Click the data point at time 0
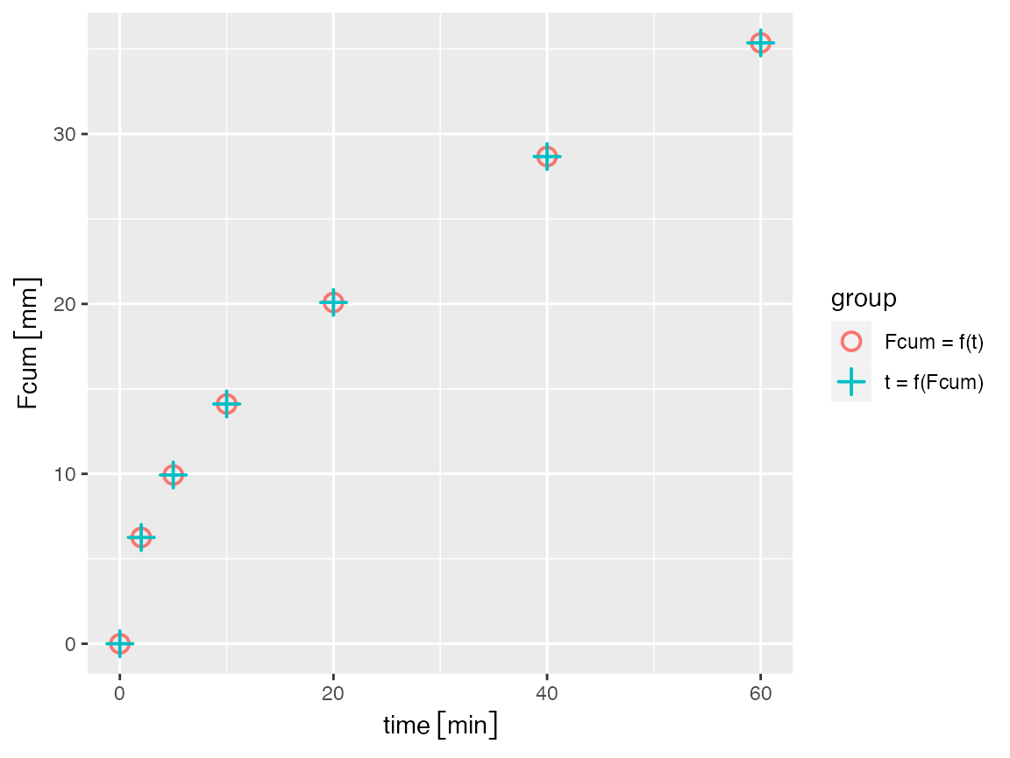tap(120, 643)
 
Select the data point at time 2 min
tap(141, 537)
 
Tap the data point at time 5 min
tap(174, 475)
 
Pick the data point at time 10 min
tap(226, 404)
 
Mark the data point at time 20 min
tap(333, 302)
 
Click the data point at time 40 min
tap(547, 157)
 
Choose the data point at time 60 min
tap(760, 43)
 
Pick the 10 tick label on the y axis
tap(67, 474)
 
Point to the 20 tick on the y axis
tap(67, 304)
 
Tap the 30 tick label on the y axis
tap(67, 134)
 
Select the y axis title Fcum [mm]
tap(29, 344)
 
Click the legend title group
tap(864, 299)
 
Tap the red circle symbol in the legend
tap(851, 342)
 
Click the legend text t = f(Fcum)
tap(934, 382)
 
